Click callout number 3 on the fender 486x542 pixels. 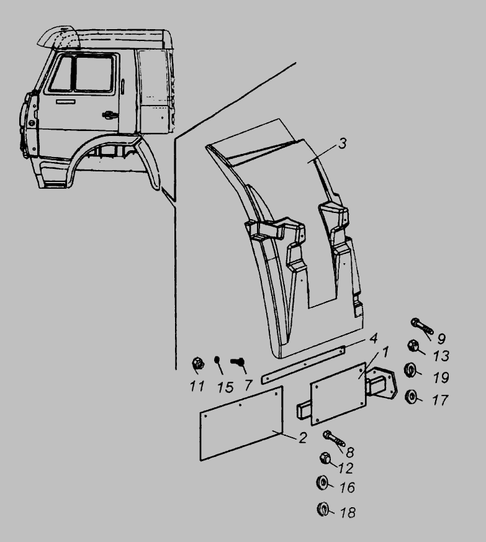(x=342, y=143)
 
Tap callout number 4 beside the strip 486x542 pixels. (x=373, y=339)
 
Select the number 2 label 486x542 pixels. (x=302, y=438)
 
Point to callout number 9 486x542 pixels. (x=441, y=339)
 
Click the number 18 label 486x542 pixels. (x=348, y=513)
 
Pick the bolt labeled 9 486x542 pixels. (x=421, y=327)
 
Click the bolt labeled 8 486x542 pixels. (x=334, y=438)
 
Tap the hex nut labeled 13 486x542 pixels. (x=413, y=346)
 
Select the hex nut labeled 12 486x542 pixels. (x=325, y=458)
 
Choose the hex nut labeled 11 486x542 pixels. (x=197, y=364)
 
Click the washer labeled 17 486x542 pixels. (x=410, y=396)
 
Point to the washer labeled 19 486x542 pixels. (x=410, y=370)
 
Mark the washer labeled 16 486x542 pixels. (x=323, y=482)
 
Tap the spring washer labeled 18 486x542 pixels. (x=323, y=509)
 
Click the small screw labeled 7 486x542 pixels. (x=238, y=362)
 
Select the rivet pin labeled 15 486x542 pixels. (x=217, y=359)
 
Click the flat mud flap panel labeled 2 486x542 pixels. (x=241, y=423)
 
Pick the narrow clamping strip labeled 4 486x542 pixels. (x=303, y=364)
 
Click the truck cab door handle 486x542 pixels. (x=110, y=114)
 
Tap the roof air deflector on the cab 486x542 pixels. (x=59, y=37)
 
